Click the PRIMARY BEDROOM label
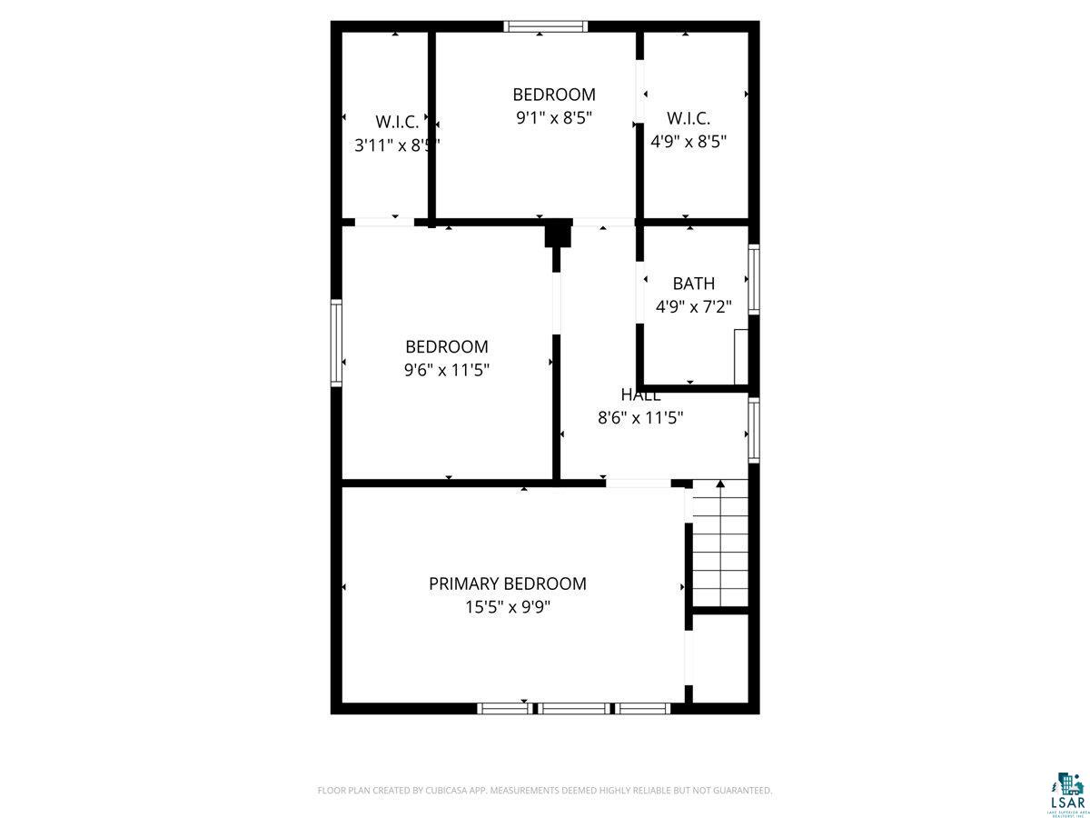(507, 584)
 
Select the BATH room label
(693, 284)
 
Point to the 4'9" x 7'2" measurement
(693, 307)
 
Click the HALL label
(640, 394)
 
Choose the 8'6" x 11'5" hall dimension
(640, 418)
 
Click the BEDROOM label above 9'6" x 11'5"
(446, 346)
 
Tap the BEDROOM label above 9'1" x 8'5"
(554, 94)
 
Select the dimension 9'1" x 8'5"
(554, 117)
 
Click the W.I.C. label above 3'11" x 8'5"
(397, 120)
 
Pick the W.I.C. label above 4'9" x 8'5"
(688, 118)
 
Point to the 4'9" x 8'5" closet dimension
(688, 142)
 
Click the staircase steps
(720, 545)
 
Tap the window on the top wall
(546, 26)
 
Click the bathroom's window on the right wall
(753, 279)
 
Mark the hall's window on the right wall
(753, 430)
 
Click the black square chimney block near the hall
(558, 234)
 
